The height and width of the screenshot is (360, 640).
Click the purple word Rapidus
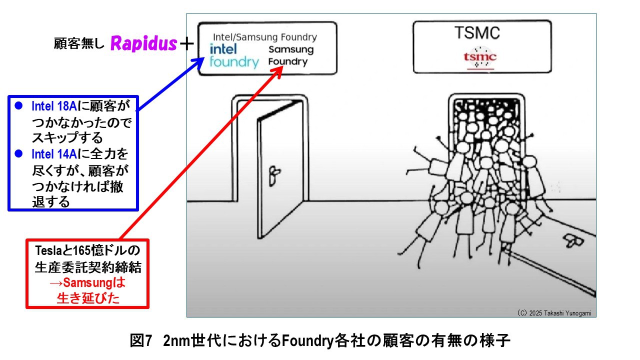point(143,44)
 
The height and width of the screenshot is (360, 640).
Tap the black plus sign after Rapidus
point(186,44)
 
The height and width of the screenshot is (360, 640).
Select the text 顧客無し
point(79,44)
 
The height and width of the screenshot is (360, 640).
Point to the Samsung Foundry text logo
point(290,55)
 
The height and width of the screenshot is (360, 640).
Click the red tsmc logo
point(479,58)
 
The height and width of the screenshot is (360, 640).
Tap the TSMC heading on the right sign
point(476,33)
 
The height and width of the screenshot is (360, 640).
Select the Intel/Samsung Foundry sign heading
point(265,37)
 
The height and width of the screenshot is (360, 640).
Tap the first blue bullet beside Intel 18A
point(18,106)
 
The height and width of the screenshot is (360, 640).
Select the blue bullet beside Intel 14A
point(18,154)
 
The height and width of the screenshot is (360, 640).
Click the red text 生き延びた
point(87,298)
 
